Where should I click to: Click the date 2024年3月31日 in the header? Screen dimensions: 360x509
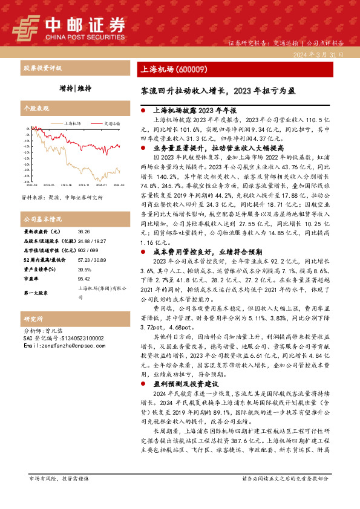(320, 54)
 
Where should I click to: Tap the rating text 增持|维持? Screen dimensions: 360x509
(76, 88)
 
